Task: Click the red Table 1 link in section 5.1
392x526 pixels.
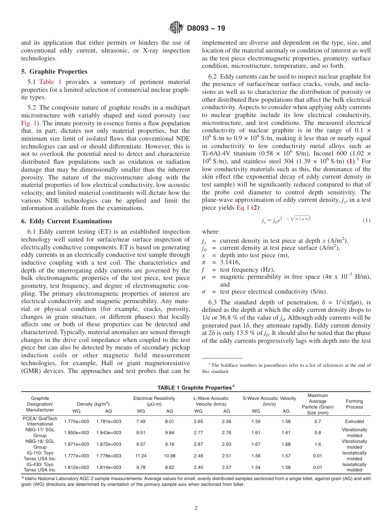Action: coord(50,82)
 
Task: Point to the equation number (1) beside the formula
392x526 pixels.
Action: coord(366,221)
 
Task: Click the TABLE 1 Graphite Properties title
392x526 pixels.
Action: coord(196,387)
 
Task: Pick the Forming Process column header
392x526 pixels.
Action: coord(354,404)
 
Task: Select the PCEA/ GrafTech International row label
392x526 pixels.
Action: coord(40,421)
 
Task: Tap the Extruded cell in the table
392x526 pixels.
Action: coord(354,421)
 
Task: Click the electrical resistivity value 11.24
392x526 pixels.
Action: coord(141,456)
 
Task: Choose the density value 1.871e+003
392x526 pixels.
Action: coord(76,444)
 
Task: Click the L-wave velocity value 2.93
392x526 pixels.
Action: coord(227,444)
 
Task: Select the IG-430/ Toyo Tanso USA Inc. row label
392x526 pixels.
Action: coord(40,467)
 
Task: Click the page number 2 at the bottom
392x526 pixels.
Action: coord(196,508)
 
